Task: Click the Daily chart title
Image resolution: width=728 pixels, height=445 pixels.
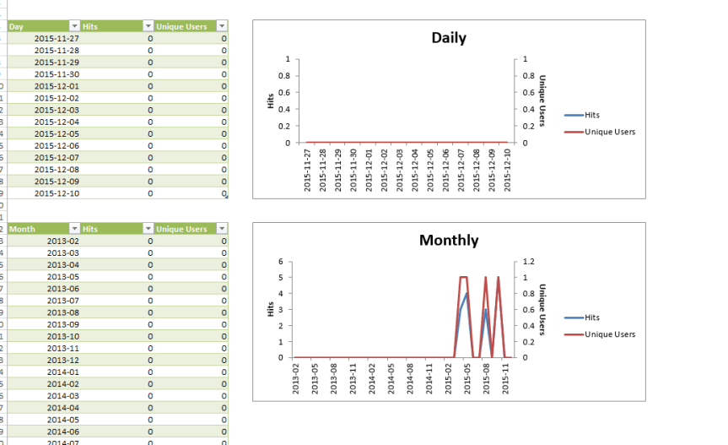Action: [448, 38]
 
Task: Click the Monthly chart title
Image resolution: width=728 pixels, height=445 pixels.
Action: [448, 241]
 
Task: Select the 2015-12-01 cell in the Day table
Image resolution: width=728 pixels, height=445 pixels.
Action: [57, 86]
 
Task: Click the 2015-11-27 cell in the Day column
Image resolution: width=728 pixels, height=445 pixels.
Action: [57, 38]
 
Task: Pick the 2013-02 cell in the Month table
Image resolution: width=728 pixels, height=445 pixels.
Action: [62, 241]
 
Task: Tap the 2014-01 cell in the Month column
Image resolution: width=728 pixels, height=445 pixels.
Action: [62, 372]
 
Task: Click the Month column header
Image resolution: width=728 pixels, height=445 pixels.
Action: [38, 229]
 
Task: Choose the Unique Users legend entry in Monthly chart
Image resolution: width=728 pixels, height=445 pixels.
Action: [609, 334]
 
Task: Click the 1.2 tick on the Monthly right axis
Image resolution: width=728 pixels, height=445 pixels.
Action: [527, 262]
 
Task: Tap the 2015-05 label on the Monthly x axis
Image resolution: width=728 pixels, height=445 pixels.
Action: [466, 373]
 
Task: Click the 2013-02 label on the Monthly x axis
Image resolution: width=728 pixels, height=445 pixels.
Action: [295, 373]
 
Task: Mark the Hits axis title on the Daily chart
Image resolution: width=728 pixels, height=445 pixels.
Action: [271, 100]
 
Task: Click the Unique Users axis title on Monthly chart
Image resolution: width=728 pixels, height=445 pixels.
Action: [542, 309]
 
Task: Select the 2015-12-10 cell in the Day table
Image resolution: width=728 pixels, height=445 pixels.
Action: [57, 193]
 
